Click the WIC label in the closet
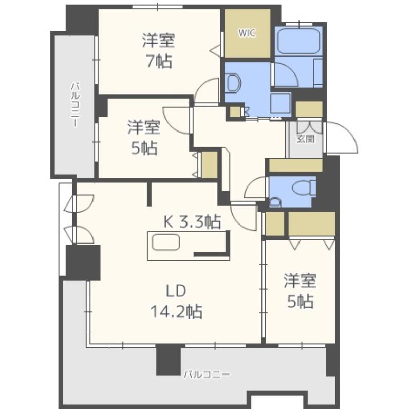click(x=247, y=33)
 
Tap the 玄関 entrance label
click(x=305, y=139)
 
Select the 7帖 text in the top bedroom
click(x=159, y=62)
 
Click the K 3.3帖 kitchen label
click(x=192, y=222)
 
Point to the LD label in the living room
click(x=176, y=291)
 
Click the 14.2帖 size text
click(x=176, y=312)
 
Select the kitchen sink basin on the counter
click(x=166, y=242)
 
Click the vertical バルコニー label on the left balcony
click(x=74, y=105)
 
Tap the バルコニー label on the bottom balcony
click(x=207, y=374)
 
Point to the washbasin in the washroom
click(x=234, y=83)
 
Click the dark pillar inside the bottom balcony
click(x=169, y=359)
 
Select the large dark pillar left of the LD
click(x=83, y=263)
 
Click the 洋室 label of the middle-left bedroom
click(x=144, y=127)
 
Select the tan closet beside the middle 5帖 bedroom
click(x=210, y=164)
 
